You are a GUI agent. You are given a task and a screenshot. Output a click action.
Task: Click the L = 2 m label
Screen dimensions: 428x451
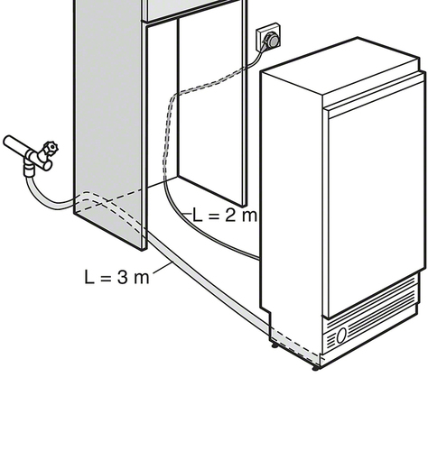pos(225,215)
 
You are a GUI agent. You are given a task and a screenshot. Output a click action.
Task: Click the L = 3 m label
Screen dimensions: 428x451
pos(116,277)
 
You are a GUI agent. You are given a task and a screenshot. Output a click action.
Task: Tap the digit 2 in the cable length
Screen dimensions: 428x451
pos(229,215)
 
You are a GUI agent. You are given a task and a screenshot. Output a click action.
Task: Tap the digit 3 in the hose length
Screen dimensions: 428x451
pos(123,277)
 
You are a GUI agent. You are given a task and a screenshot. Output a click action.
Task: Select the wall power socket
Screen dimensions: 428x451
pos(268,37)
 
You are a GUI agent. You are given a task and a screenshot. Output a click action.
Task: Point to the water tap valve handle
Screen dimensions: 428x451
pos(51,147)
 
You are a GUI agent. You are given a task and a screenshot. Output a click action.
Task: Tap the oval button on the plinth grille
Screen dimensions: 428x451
pos(341,336)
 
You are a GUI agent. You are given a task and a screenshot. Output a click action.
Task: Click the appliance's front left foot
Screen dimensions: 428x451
pos(274,345)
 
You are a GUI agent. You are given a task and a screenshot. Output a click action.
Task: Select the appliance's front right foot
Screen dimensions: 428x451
pos(315,368)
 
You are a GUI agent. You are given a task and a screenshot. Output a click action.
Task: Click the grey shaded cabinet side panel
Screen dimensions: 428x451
pos(107,120)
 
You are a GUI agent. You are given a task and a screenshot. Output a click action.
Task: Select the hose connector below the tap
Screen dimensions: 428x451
pos(30,170)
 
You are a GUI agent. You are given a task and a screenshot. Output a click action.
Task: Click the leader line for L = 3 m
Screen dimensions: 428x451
pos(163,268)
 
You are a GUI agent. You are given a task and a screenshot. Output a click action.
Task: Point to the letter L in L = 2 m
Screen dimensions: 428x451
pos(198,215)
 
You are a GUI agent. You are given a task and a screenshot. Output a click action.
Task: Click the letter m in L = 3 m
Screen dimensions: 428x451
pos(142,279)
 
